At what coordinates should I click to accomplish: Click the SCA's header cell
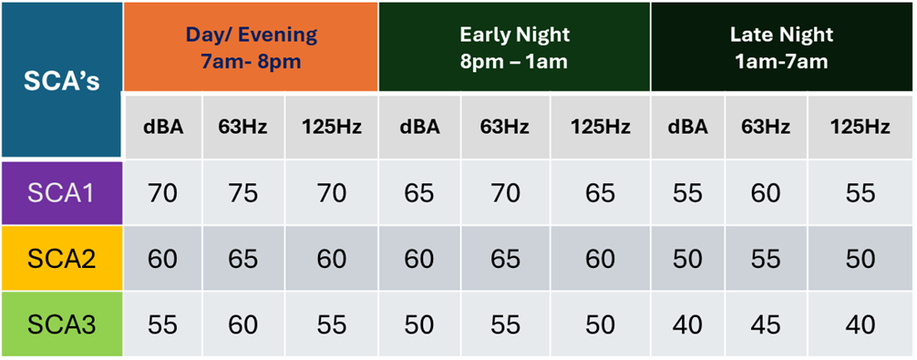click(61, 80)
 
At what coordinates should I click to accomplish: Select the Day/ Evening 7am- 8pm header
click(251, 46)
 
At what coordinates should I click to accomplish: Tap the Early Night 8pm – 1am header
click(514, 46)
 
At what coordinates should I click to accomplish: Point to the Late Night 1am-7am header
click(781, 46)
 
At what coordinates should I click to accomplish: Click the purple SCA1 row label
click(61, 193)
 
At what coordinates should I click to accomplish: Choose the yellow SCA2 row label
click(61, 259)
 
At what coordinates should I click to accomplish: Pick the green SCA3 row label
click(61, 324)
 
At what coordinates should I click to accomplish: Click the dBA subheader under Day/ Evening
click(163, 127)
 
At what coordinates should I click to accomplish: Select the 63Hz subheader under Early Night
click(505, 127)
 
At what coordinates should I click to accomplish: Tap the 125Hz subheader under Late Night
click(860, 127)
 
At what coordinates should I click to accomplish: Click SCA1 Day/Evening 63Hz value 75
click(243, 193)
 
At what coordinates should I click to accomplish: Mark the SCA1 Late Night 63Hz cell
click(766, 193)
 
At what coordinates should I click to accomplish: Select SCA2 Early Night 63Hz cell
click(505, 259)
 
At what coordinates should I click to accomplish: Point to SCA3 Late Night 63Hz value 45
click(766, 324)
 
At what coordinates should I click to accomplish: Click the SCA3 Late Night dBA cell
click(687, 324)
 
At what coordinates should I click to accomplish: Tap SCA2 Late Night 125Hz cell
click(860, 259)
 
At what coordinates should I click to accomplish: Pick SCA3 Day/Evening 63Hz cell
click(243, 324)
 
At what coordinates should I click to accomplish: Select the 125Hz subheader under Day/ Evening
click(332, 127)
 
